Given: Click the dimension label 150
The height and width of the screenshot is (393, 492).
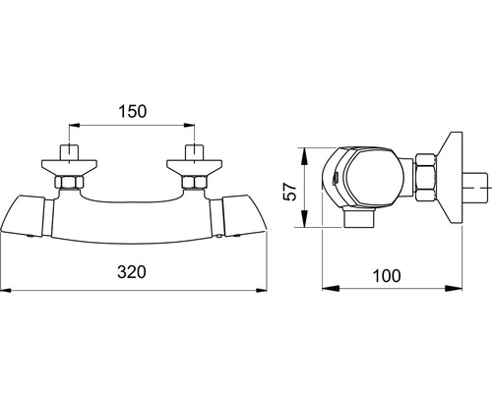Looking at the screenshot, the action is pyautogui.click(x=133, y=111).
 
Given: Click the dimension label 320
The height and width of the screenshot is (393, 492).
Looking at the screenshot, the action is pyautogui.click(x=132, y=272).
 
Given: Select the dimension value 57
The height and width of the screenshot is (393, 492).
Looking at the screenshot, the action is pyautogui.click(x=290, y=192).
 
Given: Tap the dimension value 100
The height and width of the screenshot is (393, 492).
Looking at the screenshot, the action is pyautogui.click(x=387, y=276).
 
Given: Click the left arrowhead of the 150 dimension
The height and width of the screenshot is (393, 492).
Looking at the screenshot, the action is pyautogui.click(x=74, y=125).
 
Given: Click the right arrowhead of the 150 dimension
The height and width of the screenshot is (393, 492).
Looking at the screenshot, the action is pyautogui.click(x=189, y=125).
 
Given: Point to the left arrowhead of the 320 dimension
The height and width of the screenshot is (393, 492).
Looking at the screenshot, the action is pyautogui.click(x=6, y=290).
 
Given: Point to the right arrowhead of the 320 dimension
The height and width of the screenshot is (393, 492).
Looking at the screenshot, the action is pyautogui.click(x=262, y=290).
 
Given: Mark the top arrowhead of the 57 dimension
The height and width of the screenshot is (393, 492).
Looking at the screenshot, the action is pyautogui.click(x=305, y=155).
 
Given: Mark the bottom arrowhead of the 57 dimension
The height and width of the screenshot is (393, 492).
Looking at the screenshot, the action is pyautogui.click(x=305, y=219).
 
